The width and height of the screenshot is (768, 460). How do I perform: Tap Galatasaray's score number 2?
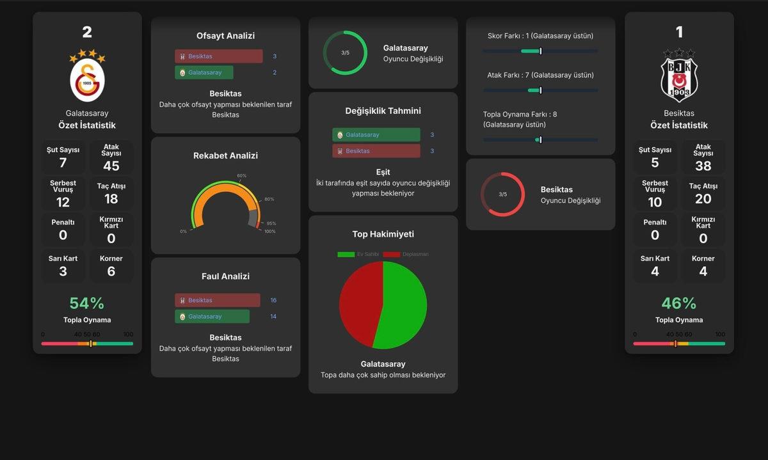(87, 32)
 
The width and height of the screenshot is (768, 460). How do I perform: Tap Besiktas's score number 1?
(679, 32)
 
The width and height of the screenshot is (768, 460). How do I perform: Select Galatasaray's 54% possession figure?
(87, 303)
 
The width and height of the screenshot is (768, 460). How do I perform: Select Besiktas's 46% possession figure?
(679, 303)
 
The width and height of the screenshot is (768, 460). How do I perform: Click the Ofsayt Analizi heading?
(225, 36)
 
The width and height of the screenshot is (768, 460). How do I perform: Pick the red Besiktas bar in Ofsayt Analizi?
(218, 56)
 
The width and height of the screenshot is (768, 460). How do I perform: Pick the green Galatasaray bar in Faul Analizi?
(212, 317)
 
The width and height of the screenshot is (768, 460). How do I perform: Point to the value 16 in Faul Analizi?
(273, 301)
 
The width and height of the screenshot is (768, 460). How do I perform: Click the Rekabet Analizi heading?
(225, 155)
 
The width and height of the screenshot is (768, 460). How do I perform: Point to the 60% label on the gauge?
(241, 176)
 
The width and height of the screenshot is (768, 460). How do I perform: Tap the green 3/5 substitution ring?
(346, 53)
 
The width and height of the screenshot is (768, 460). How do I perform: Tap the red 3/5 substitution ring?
(502, 194)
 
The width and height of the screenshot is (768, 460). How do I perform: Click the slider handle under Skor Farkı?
(541, 51)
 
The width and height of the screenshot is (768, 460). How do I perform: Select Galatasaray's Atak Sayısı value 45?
(111, 166)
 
